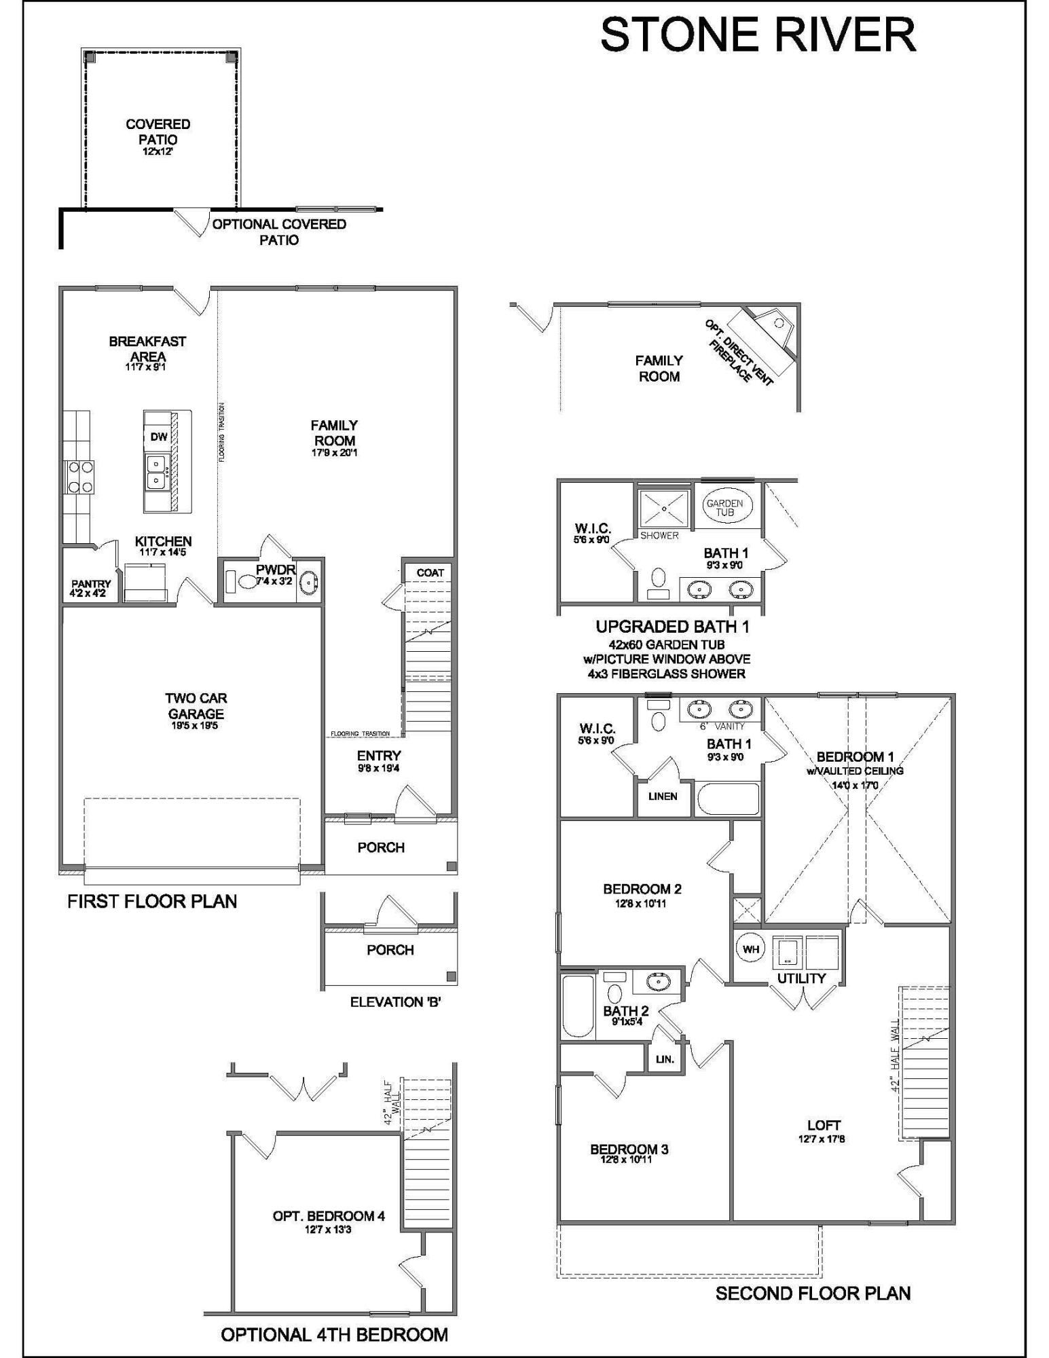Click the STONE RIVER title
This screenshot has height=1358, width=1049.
[x=758, y=35]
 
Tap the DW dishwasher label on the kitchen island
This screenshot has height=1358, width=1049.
[x=158, y=437]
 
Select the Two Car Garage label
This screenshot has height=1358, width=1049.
[x=196, y=705]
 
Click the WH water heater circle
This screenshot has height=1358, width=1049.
[x=750, y=949]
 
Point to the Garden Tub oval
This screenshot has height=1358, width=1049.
[x=724, y=507]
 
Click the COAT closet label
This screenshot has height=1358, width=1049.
[x=430, y=572]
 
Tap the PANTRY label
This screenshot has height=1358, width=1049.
[x=91, y=584]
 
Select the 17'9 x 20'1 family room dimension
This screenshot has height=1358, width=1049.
[x=334, y=453]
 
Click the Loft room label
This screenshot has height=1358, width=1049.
[x=824, y=1125]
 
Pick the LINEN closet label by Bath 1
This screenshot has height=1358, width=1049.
[x=662, y=796]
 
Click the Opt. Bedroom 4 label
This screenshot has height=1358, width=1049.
[x=329, y=1216]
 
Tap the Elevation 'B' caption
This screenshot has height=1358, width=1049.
[x=396, y=1002]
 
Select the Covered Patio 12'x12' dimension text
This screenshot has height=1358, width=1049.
[x=158, y=152]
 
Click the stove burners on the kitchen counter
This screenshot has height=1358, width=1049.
[x=79, y=477]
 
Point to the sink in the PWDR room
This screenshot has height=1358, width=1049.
[x=309, y=582]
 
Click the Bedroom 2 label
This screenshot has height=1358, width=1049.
[x=642, y=889]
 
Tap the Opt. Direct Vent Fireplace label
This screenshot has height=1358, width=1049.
[x=739, y=351]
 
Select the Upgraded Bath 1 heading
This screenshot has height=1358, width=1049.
[x=671, y=627]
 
